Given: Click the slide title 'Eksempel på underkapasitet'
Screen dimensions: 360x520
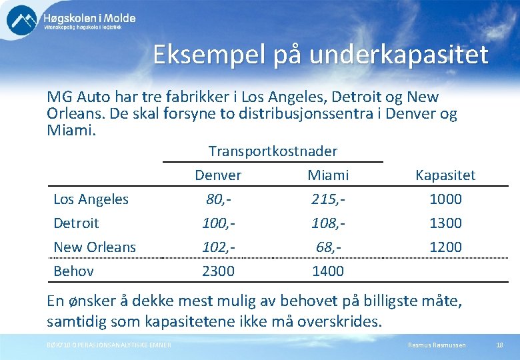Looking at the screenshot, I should (320, 55).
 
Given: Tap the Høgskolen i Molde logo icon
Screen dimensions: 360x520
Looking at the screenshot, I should (22, 20).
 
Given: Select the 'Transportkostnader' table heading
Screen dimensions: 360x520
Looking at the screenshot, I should (273, 151).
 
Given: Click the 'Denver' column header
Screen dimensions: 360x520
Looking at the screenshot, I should (218, 175).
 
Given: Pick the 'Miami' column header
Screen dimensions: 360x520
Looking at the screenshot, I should (327, 175).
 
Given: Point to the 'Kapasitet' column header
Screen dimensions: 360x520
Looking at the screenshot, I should (445, 175).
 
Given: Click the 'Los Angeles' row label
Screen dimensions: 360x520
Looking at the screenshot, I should (91, 199).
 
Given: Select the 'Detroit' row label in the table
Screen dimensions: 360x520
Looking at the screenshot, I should (76, 223).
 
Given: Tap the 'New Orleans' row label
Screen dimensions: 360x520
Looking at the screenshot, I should (95, 247).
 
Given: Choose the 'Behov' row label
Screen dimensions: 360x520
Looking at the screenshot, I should (73, 271).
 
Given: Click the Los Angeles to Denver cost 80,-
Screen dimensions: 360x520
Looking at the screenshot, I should (218, 199).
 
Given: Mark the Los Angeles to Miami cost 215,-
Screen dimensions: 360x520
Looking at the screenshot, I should (327, 199).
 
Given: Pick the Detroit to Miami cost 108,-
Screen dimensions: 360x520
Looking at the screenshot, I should (327, 223).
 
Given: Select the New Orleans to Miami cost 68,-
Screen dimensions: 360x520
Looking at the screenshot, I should (327, 247).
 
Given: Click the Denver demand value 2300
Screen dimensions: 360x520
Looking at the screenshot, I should (218, 271).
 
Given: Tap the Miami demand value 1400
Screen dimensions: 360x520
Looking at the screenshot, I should (327, 271).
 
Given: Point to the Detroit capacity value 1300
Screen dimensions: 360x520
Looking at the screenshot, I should (445, 223).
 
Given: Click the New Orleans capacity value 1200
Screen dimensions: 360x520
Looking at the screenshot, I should (445, 247).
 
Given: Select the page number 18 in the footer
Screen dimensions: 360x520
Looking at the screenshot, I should (499, 345).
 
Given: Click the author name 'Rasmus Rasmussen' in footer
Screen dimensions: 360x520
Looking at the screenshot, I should (437, 345).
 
